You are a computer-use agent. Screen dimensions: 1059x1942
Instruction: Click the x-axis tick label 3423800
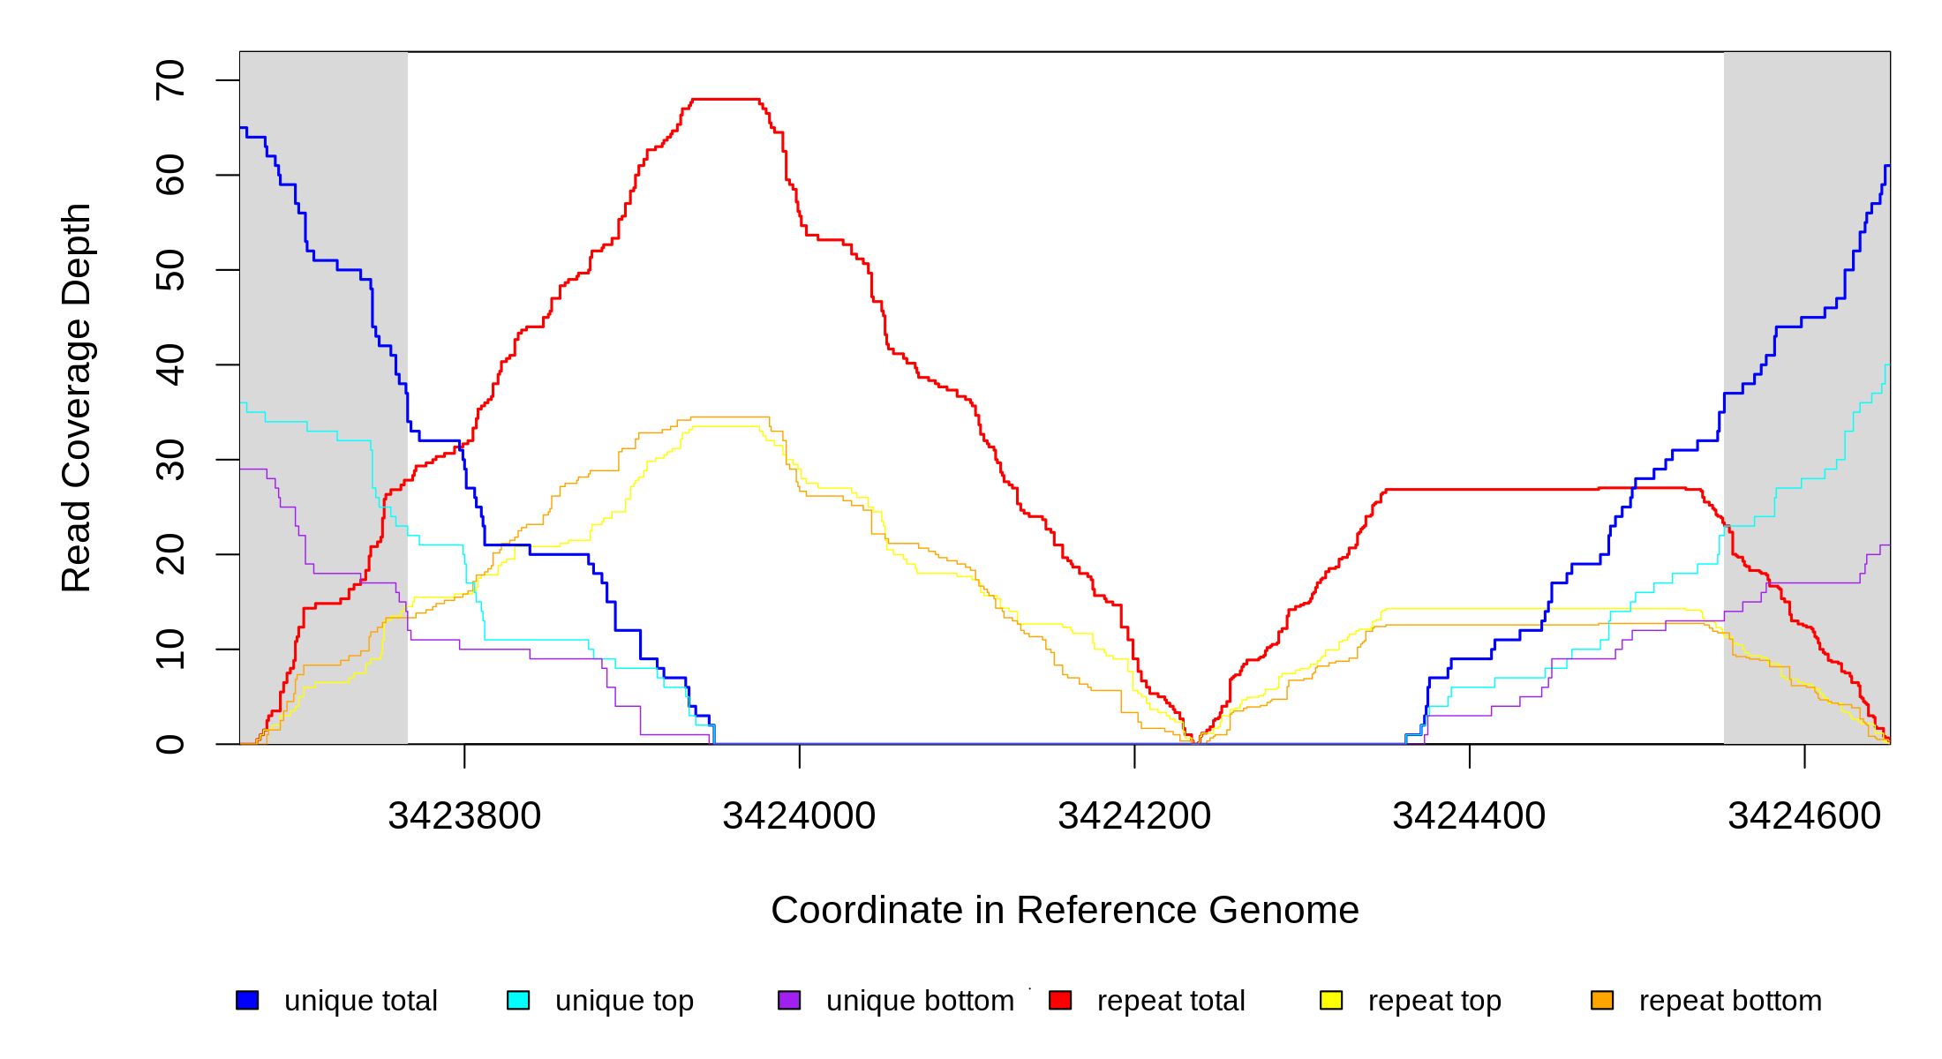point(464,816)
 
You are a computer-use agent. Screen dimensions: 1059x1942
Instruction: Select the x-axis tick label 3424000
point(799,816)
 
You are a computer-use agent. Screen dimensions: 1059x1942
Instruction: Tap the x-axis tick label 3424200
point(1134,816)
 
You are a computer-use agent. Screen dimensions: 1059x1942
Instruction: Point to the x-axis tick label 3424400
point(1469,816)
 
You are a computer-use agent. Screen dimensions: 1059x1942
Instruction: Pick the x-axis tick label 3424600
point(1804,816)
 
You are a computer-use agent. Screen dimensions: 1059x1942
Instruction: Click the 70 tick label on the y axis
point(170,80)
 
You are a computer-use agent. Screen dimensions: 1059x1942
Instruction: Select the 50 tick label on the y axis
point(170,270)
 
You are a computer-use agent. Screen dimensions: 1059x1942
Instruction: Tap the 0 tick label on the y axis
point(170,744)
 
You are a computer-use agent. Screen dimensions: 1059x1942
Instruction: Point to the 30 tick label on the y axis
point(170,460)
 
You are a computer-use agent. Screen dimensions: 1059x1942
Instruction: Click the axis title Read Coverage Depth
point(76,397)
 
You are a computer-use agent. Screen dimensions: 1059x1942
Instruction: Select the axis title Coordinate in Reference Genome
point(1065,910)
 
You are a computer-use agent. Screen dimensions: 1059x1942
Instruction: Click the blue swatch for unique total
point(247,1000)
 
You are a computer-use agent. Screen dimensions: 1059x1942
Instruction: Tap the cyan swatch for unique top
point(518,1000)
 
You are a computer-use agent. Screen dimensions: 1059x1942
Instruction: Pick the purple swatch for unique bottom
point(789,1000)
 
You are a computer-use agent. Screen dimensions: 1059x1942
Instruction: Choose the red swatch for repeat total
point(1060,1000)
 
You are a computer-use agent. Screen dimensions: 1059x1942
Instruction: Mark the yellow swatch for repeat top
point(1331,1000)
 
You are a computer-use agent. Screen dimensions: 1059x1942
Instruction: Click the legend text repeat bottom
point(1730,1001)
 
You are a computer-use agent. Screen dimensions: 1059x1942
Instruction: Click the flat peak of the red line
point(726,100)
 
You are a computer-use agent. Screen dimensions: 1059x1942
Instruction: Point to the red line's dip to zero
point(1195,742)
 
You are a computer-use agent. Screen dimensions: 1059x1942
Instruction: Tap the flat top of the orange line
point(730,417)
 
